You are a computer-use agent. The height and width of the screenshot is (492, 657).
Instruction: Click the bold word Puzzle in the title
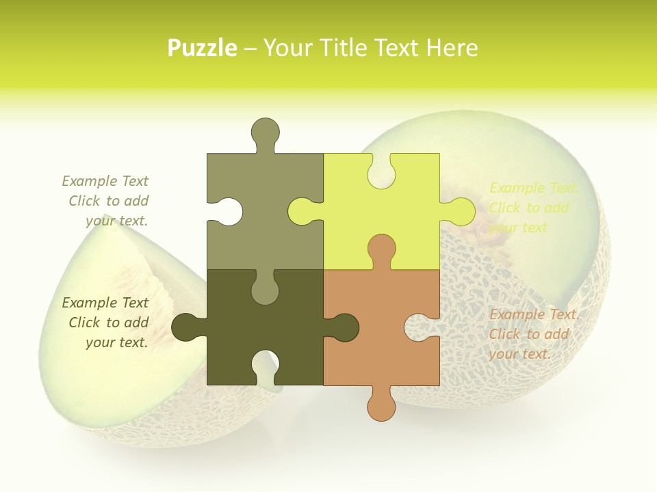click(x=203, y=48)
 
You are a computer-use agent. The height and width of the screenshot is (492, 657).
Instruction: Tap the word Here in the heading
click(x=452, y=48)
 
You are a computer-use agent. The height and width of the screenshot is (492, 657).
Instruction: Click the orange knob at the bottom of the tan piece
click(x=381, y=406)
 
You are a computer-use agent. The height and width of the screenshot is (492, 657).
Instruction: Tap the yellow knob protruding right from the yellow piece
click(x=460, y=211)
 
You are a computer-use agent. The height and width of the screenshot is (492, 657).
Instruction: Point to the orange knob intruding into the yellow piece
click(x=381, y=249)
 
